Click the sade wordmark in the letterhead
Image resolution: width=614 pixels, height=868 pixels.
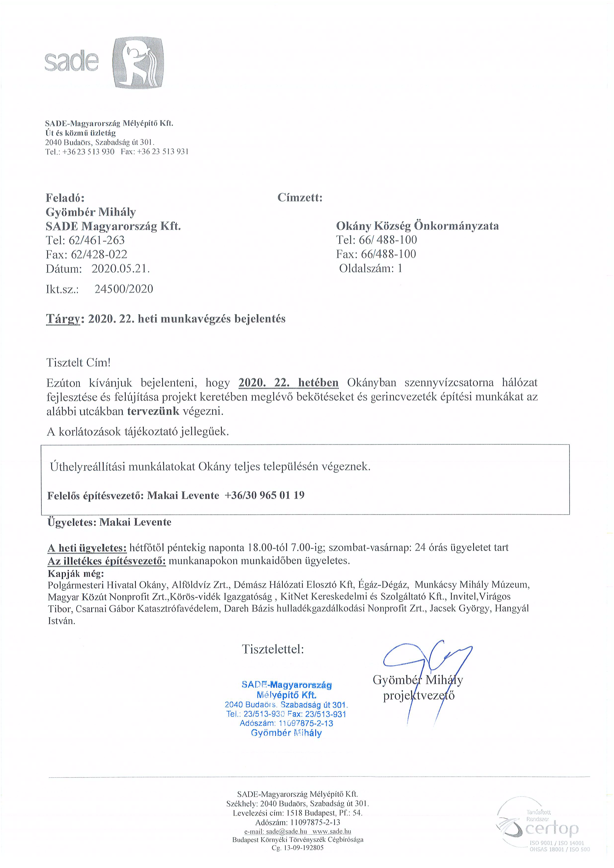(72, 61)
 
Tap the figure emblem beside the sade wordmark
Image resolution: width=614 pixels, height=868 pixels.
(138, 63)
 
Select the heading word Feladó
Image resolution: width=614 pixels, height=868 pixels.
(65, 198)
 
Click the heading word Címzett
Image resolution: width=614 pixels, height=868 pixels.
(300, 197)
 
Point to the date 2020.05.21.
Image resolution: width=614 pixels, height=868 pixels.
(121, 269)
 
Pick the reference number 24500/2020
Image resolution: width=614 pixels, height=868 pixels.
(124, 289)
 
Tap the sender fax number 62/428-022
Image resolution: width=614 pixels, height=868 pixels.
(99, 254)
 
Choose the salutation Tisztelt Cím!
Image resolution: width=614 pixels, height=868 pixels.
(78, 362)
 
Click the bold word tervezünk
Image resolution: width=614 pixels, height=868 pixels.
(153, 411)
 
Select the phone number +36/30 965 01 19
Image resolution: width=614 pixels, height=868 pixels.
(265, 495)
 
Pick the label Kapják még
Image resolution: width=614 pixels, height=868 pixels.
(76, 574)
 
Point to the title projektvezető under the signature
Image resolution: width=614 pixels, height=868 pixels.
(418, 696)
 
